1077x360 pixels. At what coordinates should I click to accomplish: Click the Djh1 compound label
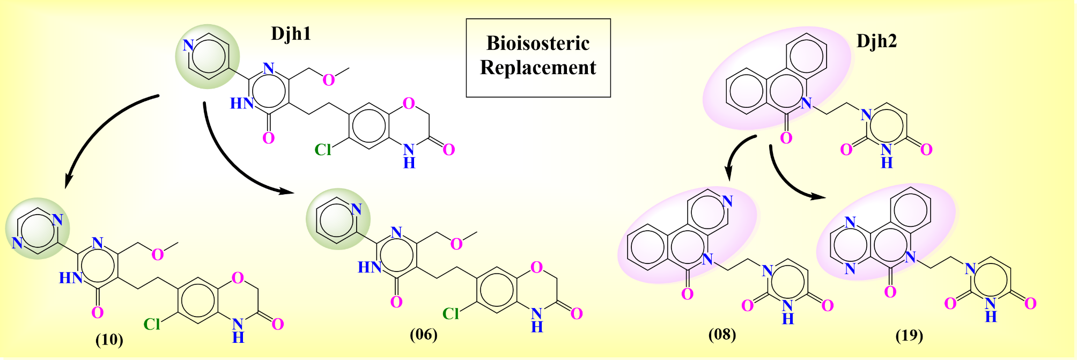point(291,34)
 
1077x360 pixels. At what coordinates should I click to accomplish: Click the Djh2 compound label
point(876,41)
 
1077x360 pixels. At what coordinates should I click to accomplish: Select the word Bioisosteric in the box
point(537,43)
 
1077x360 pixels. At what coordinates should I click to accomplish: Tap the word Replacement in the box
point(537,68)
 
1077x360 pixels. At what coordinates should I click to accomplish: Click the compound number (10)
point(109,340)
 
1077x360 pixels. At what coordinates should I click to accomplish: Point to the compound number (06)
point(423,335)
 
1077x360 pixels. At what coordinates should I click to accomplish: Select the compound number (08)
point(722,335)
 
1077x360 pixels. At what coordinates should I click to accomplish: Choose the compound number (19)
point(909,336)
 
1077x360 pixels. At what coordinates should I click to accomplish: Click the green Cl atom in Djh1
point(323,150)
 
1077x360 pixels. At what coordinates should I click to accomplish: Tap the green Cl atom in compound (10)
point(152,324)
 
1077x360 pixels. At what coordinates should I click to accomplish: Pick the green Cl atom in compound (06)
point(451,314)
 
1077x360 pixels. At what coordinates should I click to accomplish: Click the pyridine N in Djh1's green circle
point(188,45)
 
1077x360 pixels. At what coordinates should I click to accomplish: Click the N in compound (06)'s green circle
point(357,209)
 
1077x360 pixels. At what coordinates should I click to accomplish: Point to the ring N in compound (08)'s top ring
point(727,201)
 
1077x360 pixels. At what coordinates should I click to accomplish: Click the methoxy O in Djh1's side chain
point(328,80)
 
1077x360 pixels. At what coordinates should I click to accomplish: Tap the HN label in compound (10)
point(71,278)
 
